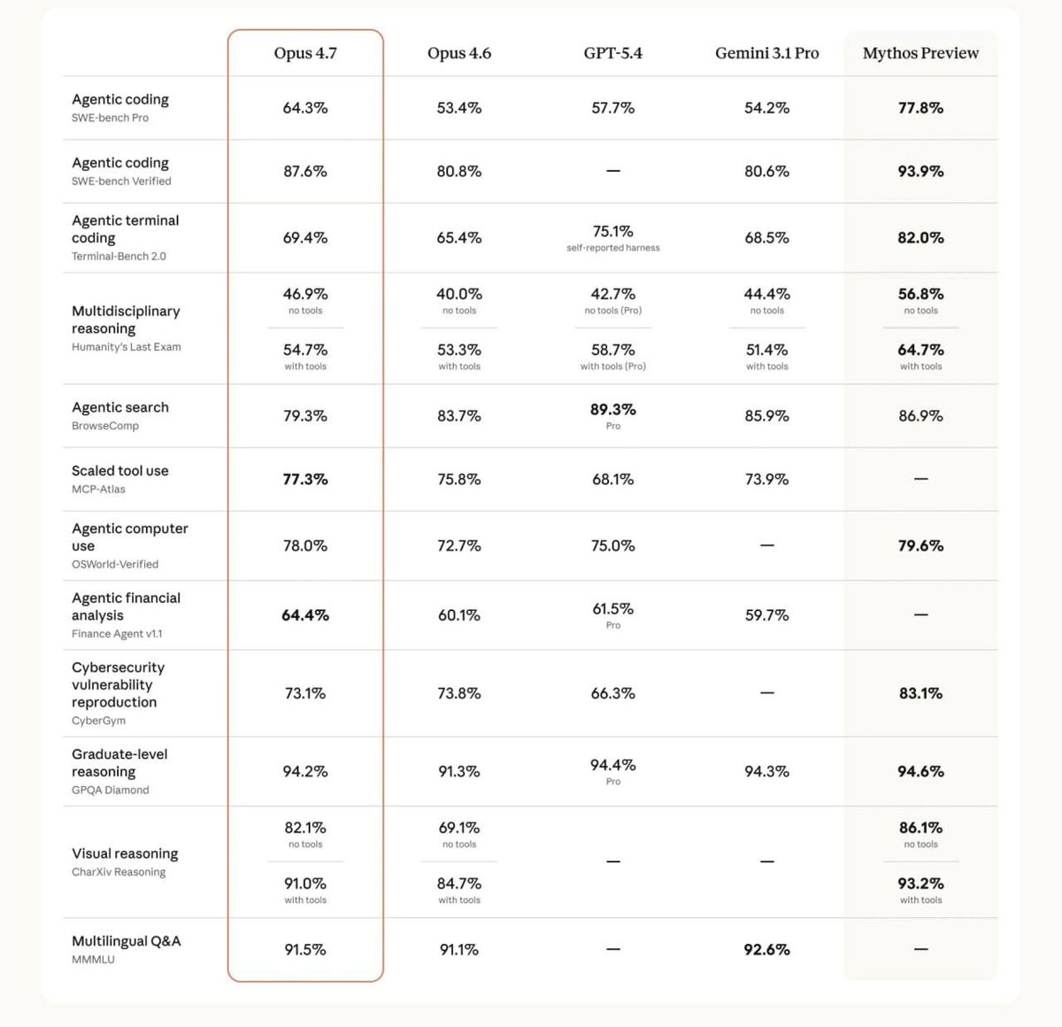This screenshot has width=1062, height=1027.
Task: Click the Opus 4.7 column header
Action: [x=305, y=53]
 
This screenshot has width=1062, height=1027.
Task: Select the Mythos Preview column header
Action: [x=920, y=53]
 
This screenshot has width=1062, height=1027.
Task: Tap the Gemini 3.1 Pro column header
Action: [x=766, y=53]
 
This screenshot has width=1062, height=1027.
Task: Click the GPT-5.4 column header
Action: [x=612, y=53]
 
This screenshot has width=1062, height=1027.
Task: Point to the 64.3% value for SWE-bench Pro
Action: [x=305, y=108]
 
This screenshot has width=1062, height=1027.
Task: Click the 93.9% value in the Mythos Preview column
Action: [x=920, y=172]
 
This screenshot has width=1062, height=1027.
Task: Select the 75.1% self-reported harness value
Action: [x=612, y=232]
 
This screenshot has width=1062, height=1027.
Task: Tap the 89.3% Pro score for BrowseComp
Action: [x=612, y=410]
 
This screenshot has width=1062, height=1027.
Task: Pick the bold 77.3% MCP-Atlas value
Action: [x=305, y=479]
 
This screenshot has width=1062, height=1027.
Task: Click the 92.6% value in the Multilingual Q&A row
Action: [x=766, y=949]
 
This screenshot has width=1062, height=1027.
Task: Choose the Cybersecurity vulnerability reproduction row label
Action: [x=118, y=684]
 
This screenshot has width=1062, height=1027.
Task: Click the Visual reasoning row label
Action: [x=125, y=853]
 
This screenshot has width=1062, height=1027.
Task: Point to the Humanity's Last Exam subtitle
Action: [x=126, y=347]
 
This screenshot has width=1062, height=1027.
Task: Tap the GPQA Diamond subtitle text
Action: [x=110, y=790]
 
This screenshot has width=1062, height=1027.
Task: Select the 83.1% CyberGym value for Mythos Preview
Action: [x=920, y=693]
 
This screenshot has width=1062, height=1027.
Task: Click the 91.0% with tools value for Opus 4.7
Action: [x=305, y=884]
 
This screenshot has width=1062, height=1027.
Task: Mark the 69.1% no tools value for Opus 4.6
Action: [x=458, y=828]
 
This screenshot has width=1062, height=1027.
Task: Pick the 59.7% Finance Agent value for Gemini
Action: [x=766, y=615]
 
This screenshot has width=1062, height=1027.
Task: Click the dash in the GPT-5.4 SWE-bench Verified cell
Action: [x=612, y=171]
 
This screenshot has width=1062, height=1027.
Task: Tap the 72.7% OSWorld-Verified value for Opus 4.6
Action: [x=458, y=546]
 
